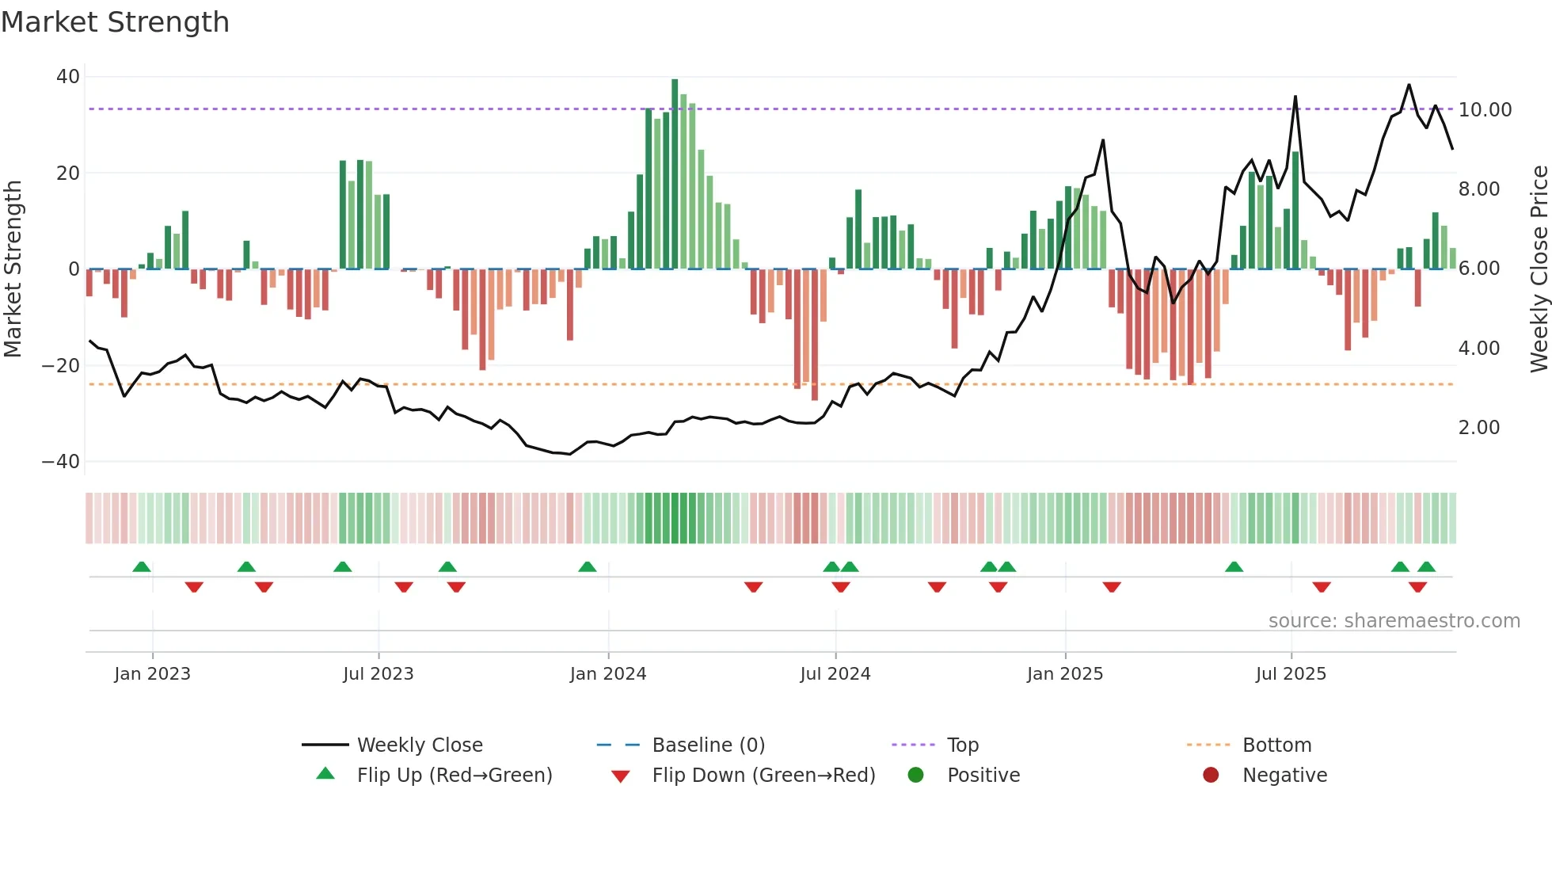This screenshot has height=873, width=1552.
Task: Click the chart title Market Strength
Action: (115, 22)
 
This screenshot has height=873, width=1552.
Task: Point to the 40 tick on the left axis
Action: (68, 77)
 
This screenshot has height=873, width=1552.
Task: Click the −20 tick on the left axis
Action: (61, 365)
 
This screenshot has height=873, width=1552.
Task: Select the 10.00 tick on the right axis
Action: (1485, 110)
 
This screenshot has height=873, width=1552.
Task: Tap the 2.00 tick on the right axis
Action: (1478, 428)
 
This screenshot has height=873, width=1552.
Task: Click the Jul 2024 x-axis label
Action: (835, 674)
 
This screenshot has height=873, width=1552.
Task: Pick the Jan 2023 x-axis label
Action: (152, 674)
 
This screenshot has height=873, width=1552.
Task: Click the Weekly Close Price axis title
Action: (1539, 269)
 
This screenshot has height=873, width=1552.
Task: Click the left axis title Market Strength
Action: (13, 269)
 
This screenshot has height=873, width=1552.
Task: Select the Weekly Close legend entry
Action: (419, 745)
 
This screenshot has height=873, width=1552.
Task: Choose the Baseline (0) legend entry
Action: (708, 745)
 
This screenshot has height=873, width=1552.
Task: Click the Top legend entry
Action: (962, 745)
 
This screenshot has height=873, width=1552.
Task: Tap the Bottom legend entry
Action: (1276, 745)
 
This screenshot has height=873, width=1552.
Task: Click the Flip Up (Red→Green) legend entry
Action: (454, 776)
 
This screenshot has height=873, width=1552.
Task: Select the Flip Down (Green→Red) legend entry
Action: (763, 776)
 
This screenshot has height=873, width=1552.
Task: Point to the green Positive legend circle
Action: (915, 776)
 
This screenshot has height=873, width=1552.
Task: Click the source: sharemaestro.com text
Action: (1394, 621)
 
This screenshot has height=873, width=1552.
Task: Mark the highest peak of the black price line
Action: (1409, 86)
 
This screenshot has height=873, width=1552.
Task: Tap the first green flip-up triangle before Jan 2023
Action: (142, 567)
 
